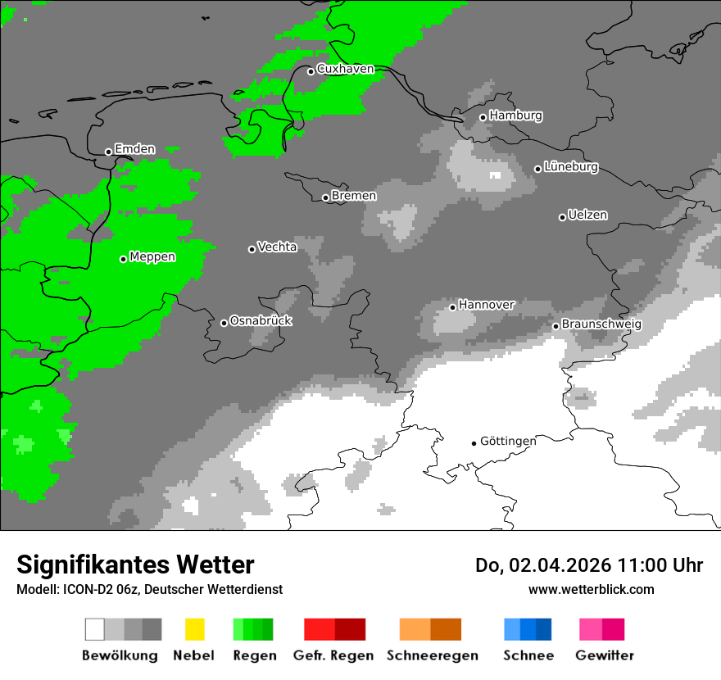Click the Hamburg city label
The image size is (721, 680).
point(516,116)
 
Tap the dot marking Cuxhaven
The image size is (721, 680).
point(311,71)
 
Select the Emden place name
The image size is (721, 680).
point(134,149)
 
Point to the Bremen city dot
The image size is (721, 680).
point(325,197)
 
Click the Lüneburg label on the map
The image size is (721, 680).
point(571,167)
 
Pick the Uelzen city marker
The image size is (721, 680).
point(562,217)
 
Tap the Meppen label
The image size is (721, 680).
point(152,257)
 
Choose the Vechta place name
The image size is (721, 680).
point(277,247)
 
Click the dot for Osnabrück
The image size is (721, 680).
point(224,323)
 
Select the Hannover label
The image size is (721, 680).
point(487,305)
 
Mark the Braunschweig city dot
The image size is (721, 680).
point(555,326)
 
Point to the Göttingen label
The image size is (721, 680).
point(508,442)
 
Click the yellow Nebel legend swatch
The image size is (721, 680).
point(194,629)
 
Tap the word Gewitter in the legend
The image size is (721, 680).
point(605,655)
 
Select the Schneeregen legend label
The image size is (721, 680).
point(433,655)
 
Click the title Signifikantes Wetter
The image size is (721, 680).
point(135,564)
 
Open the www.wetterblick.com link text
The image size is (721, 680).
point(591,589)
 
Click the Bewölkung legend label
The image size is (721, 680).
point(120,655)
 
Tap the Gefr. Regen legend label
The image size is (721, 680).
point(333,655)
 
